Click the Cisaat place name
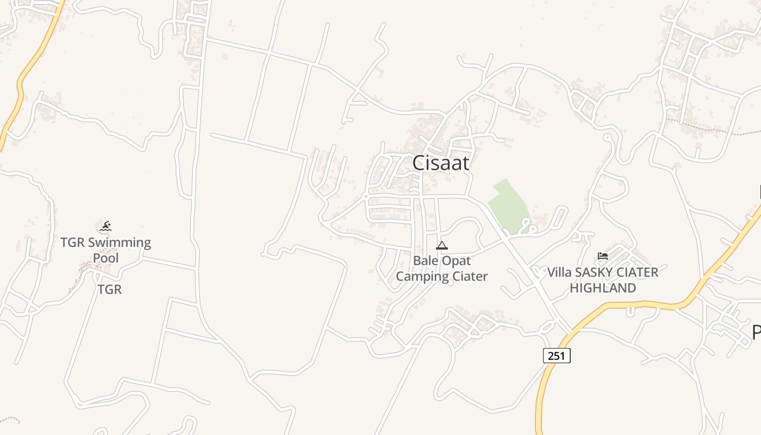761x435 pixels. pos(440,163)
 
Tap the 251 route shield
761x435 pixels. pos(557,356)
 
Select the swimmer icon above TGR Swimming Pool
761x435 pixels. pos(105,226)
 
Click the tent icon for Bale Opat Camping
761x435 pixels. pos(442,245)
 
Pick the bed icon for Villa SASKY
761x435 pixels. pos(602,256)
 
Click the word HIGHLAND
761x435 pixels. pos(603,288)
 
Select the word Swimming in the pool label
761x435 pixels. pos(120,243)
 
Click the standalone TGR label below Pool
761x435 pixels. pos(109,289)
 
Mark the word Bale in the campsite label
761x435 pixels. pos(425,260)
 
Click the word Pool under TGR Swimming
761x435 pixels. pos(105,258)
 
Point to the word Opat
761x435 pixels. pos(456,260)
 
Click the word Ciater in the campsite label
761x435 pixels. pos(467,276)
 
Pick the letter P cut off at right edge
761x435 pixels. pos(757,332)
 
